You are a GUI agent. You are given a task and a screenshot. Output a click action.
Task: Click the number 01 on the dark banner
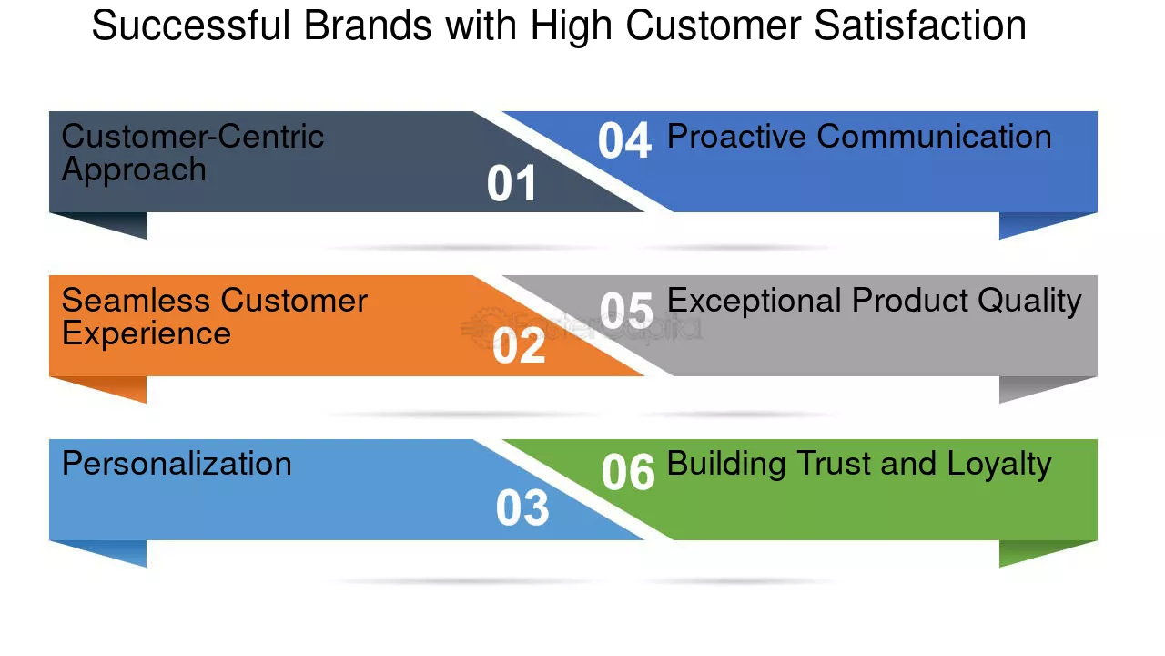(512, 184)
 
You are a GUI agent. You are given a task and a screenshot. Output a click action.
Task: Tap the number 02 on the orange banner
(519, 347)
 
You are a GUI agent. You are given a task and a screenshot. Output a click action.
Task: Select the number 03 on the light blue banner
(522, 508)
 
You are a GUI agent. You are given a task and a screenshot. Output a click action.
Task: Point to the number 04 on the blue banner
(624, 142)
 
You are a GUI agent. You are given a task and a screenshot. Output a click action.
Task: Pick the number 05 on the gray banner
(626, 312)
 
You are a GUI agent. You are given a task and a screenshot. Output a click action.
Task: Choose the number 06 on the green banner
(628, 473)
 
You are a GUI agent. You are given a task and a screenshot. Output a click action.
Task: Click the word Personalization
(177, 464)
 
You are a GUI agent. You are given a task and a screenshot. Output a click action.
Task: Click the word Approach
(134, 170)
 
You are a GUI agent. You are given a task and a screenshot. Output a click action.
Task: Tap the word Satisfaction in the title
(920, 26)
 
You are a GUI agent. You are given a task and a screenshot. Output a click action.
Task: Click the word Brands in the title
(369, 26)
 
